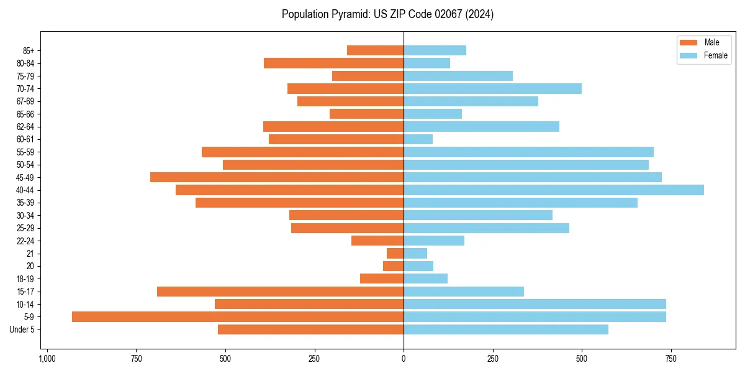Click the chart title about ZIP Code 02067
tap(387, 14)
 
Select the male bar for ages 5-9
tap(238, 317)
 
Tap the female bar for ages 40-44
tap(554, 190)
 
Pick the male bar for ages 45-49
tap(277, 177)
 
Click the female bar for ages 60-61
tap(418, 139)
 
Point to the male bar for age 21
tap(395, 254)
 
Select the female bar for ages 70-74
tap(492, 88)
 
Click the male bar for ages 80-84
tap(333, 63)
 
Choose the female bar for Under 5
tap(506, 329)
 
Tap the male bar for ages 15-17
tap(280, 292)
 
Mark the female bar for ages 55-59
tap(528, 152)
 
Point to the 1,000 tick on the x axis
tap(47, 359)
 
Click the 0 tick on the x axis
tap(404, 359)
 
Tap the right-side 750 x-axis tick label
tap(670, 359)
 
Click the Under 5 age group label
tap(22, 329)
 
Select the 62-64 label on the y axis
tap(25, 127)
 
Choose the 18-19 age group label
tap(25, 279)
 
